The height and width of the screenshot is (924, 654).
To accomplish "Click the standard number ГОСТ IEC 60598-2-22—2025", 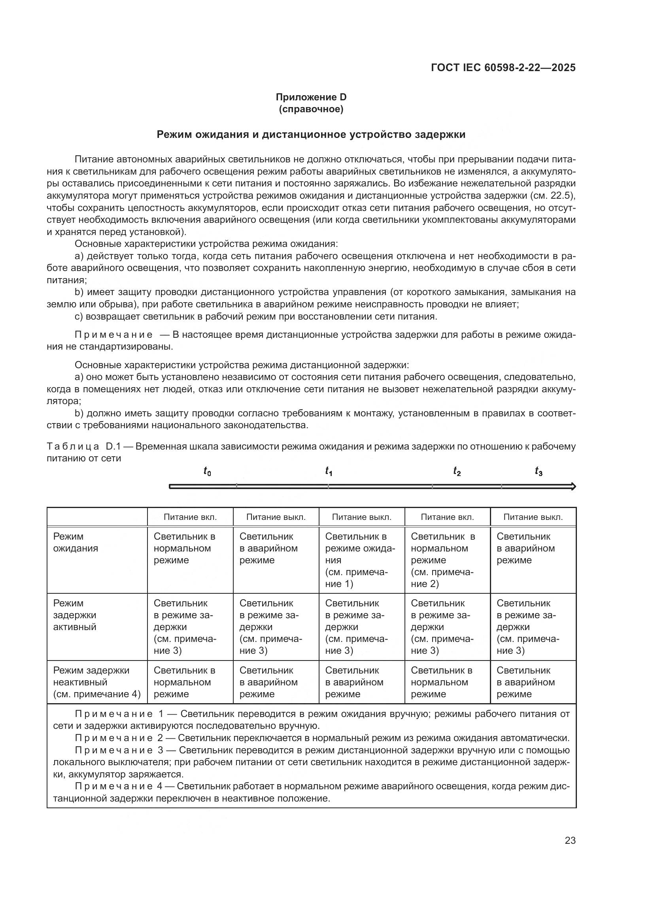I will pyautogui.click(x=503, y=68).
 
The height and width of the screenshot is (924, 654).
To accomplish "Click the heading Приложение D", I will pyautogui.click(x=311, y=97).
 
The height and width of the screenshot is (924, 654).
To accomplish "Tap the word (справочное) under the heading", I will pyautogui.click(x=311, y=109).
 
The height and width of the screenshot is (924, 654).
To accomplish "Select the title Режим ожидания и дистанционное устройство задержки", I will pyautogui.click(x=311, y=134).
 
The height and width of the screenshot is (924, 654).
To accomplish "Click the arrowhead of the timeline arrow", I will pyautogui.click(x=573, y=487).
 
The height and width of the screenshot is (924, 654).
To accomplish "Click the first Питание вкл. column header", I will pyautogui.click(x=190, y=517).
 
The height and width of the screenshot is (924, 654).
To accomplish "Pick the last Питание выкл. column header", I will pyautogui.click(x=533, y=517).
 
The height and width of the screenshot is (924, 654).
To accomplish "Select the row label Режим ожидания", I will pyautogui.click(x=76, y=542).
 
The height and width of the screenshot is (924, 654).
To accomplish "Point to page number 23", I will pyautogui.click(x=570, y=840).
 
